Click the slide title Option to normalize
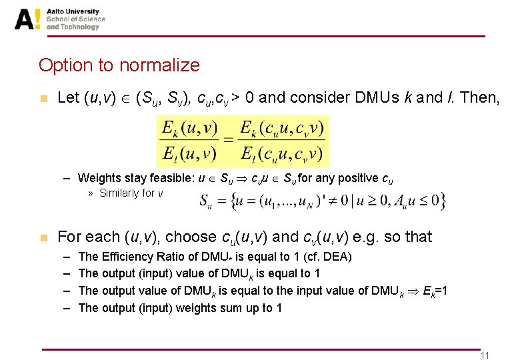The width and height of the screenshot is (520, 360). (x=119, y=65)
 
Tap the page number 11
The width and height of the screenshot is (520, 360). (x=485, y=355)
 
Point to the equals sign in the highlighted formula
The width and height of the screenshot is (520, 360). (x=229, y=140)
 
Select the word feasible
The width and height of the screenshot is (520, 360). (x=161, y=178)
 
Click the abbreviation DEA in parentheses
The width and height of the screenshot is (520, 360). (x=338, y=257)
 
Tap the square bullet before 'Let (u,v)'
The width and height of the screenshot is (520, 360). (x=44, y=99)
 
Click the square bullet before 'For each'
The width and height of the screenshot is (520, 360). (x=44, y=237)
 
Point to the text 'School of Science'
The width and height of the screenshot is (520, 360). (x=75, y=19)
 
